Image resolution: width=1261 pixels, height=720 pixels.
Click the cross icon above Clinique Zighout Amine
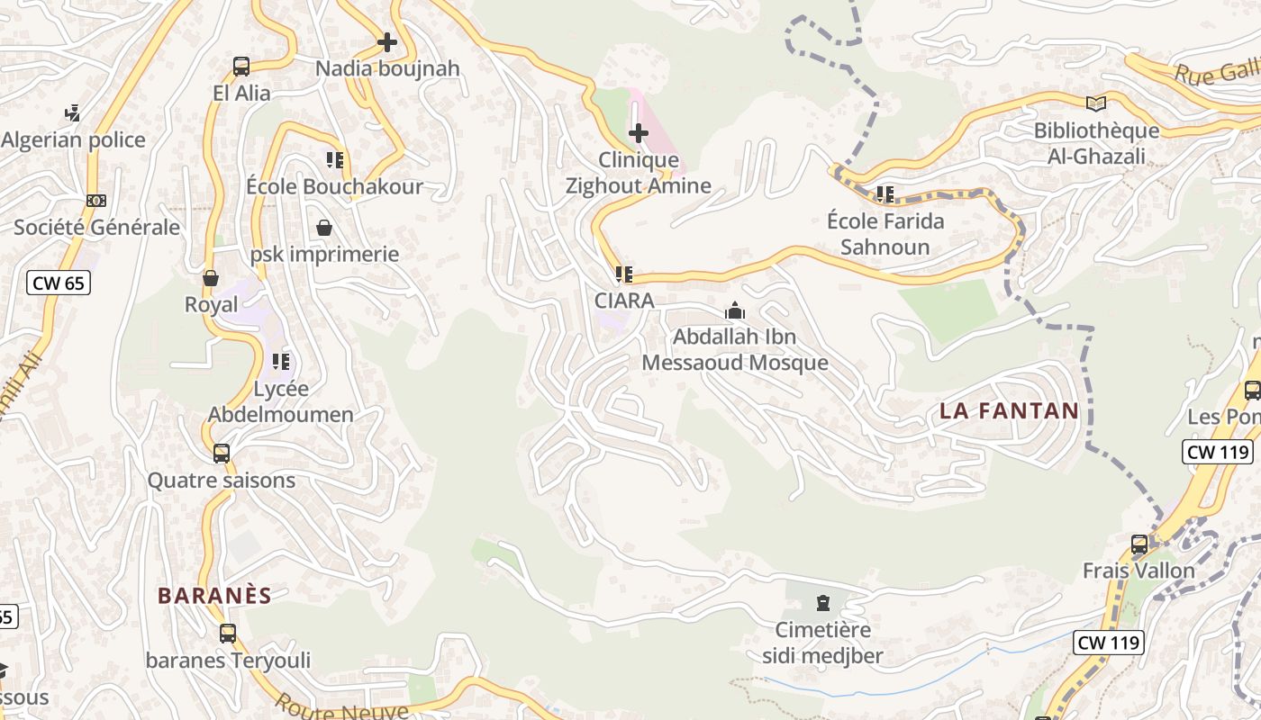pyautogui.click(x=639, y=134)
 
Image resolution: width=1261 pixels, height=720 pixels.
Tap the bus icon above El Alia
pyautogui.click(x=241, y=66)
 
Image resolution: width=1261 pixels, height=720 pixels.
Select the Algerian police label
pyautogui.click(x=74, y=139)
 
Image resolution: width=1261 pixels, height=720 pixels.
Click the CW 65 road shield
pyautogui.click(x=58, y=283)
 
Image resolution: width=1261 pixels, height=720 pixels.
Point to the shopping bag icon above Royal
pyautogui.click(x=211, y=278)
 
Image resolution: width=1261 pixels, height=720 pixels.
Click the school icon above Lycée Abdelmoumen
pyautogui.click(x=281, y=362)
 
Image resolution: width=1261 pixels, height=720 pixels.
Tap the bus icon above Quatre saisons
pyautogui.click(x=222, y=454)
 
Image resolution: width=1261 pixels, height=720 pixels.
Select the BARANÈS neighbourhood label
pyautogui.click(x=214, y=595)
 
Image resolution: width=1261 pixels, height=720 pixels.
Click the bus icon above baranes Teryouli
pyautogui.click(x=228, y=634)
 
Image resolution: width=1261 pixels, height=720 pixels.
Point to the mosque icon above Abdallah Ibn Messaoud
pyautogui.click(x=735, y=311)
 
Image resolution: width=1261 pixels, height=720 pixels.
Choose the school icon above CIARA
pyautogui.click(x=623, y=274)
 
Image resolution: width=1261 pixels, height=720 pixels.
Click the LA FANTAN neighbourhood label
pyautogui.click(x=1009, y=411)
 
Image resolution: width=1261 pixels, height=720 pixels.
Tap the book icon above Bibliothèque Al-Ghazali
pyautogui.click(x=1095, y=104)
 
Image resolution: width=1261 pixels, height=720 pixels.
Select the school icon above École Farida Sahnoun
pyautogui.click(x=885, y=193)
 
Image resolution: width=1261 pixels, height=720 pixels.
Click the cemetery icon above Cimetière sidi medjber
pyautogui.click(x=822, y=602)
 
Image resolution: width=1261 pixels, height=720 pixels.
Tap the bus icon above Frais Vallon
pyautogui.click(x=1139, y=544)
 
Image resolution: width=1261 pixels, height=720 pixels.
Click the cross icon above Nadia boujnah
pyautogui.click(x=387, y=42)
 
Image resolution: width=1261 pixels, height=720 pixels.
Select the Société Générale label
pyautogui.click(x=96, y=227)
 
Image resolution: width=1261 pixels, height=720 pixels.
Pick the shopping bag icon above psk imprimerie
pyautogui.click(x=324, y=228)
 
